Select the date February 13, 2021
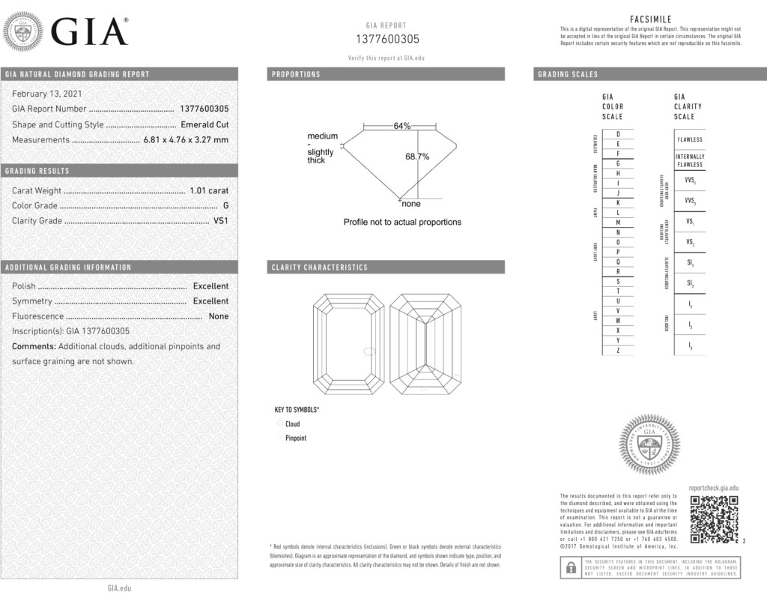tap(47, 94)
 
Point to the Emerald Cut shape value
tap(204, 124)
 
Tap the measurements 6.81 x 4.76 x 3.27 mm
tap(186, 139)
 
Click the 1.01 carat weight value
tap(209, 190)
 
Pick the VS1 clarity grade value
tap(221, 220)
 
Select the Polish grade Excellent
tap(210, 286)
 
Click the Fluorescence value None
tap(219, 315)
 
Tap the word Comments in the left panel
tap(34, 346)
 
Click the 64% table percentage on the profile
tap(402, 126)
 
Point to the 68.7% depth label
tap(417, 157)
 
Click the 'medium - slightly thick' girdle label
tap(322, 148)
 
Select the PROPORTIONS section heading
tap(296, 74)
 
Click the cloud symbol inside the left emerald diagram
tap(369, 351)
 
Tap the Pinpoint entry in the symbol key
tap(296, 438)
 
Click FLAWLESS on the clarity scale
tap(690, 139)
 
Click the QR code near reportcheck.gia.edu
tap(714, 519)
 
